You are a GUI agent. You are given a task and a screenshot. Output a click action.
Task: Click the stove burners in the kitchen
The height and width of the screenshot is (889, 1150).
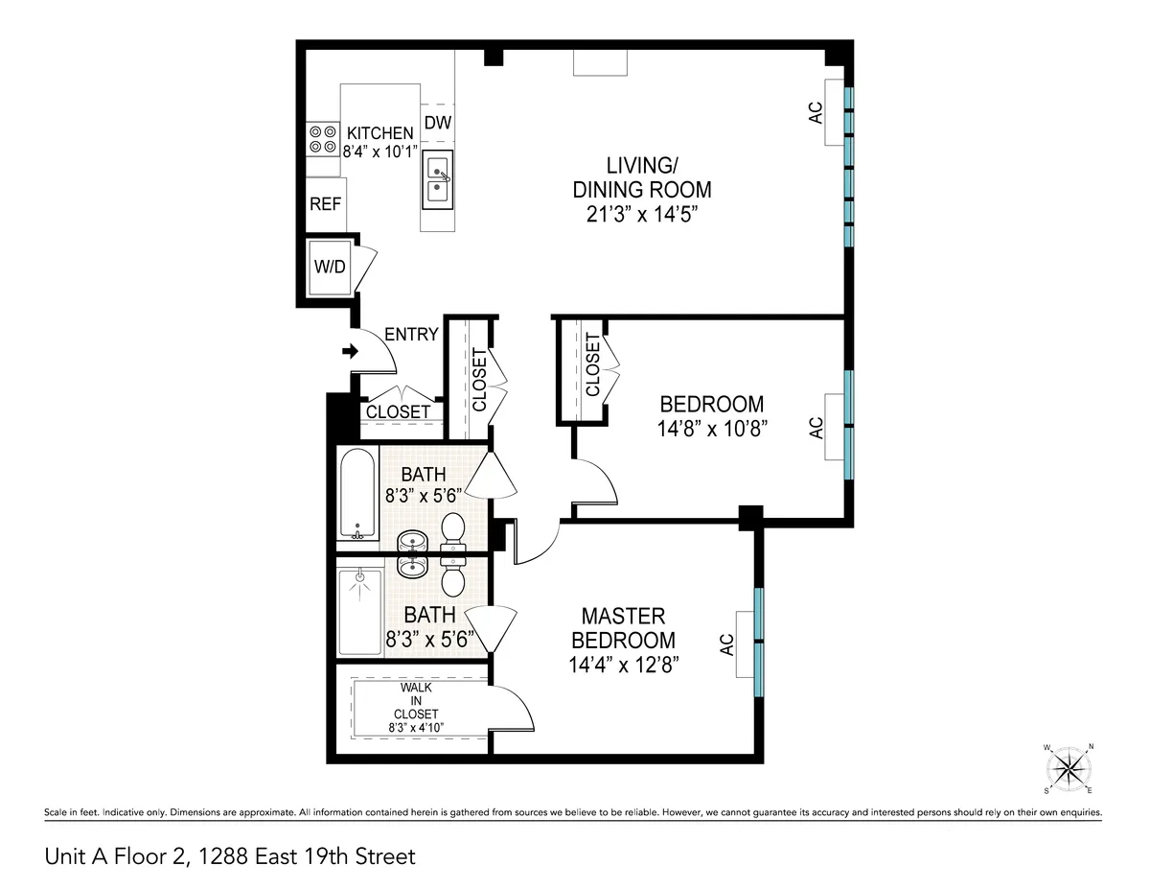[322, 140]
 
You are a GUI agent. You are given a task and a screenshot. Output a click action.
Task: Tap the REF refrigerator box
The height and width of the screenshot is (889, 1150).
[326, 203]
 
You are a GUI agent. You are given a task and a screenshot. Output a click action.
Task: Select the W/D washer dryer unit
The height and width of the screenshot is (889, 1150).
[330, 266]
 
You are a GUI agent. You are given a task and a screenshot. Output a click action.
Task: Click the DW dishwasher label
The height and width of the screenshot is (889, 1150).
[437, 122]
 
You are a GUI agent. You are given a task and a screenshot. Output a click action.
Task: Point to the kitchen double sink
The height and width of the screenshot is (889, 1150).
[437, 179]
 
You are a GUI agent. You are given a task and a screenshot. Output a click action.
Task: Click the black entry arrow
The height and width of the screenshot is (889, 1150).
[348, 352]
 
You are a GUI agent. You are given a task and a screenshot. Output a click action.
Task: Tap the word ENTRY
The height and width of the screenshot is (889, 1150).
[411, 335]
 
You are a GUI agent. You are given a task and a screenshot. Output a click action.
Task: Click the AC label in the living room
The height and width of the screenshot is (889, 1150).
[816, 113]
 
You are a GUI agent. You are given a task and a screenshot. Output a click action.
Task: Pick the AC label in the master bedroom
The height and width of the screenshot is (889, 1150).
[727, 644]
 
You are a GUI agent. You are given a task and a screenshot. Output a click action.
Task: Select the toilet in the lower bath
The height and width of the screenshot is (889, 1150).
[452, 576]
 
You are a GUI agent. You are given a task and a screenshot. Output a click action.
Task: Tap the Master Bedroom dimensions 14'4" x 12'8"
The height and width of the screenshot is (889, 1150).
[623, 665]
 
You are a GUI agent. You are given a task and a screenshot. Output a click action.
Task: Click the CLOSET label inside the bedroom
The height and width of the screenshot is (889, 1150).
[591, 364]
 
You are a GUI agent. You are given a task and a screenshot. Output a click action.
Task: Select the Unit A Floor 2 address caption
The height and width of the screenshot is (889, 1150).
[230, 855]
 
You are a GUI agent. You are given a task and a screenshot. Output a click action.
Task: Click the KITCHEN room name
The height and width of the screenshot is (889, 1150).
[379, 133]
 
